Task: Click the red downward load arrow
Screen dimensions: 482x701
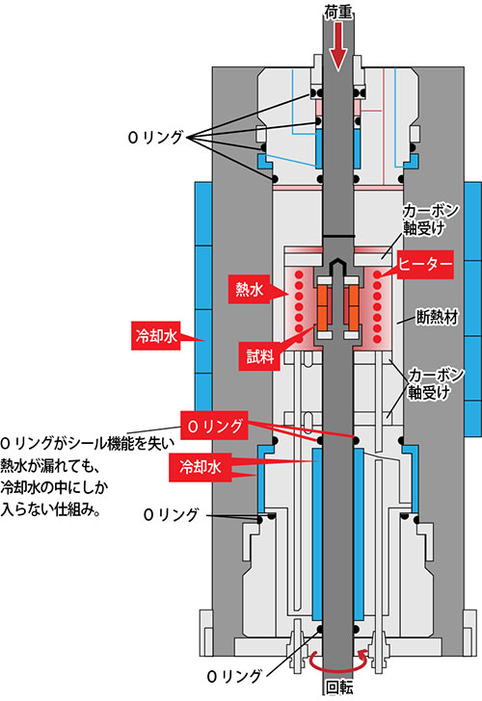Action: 338,46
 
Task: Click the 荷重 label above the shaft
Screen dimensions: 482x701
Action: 338,13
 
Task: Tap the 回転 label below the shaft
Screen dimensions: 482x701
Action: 338,688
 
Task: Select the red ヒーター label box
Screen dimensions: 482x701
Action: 425,265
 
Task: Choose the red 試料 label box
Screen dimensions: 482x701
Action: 259,356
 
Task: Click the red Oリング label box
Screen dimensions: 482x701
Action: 215,426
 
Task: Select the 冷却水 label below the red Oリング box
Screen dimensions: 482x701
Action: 201,467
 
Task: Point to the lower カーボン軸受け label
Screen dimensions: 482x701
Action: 436,383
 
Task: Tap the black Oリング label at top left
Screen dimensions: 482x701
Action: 155,138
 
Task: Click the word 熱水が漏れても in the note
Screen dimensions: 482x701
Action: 49,466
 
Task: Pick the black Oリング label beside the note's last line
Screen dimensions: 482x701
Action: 171,514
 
